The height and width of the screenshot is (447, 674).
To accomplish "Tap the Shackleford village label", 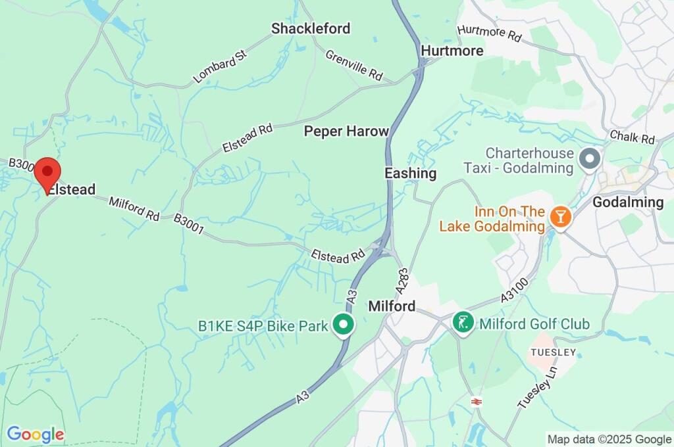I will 311,28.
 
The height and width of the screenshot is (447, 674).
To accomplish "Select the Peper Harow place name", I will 346,131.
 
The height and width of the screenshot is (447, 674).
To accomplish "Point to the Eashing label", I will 410,174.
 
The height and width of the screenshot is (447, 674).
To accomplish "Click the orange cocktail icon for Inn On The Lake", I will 560,216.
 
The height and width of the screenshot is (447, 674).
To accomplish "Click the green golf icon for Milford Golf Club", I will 464,322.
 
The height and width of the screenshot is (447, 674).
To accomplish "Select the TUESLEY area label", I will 554,353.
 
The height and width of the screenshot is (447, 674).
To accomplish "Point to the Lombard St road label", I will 219,68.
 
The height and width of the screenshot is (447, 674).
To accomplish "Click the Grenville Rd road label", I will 354,64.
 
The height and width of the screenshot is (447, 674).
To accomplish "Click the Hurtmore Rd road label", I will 488,34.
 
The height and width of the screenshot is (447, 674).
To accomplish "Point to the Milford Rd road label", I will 134,208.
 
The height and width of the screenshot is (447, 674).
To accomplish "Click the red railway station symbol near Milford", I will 474,400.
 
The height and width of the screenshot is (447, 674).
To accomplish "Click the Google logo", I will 36,435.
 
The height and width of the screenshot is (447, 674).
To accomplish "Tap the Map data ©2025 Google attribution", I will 609,439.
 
